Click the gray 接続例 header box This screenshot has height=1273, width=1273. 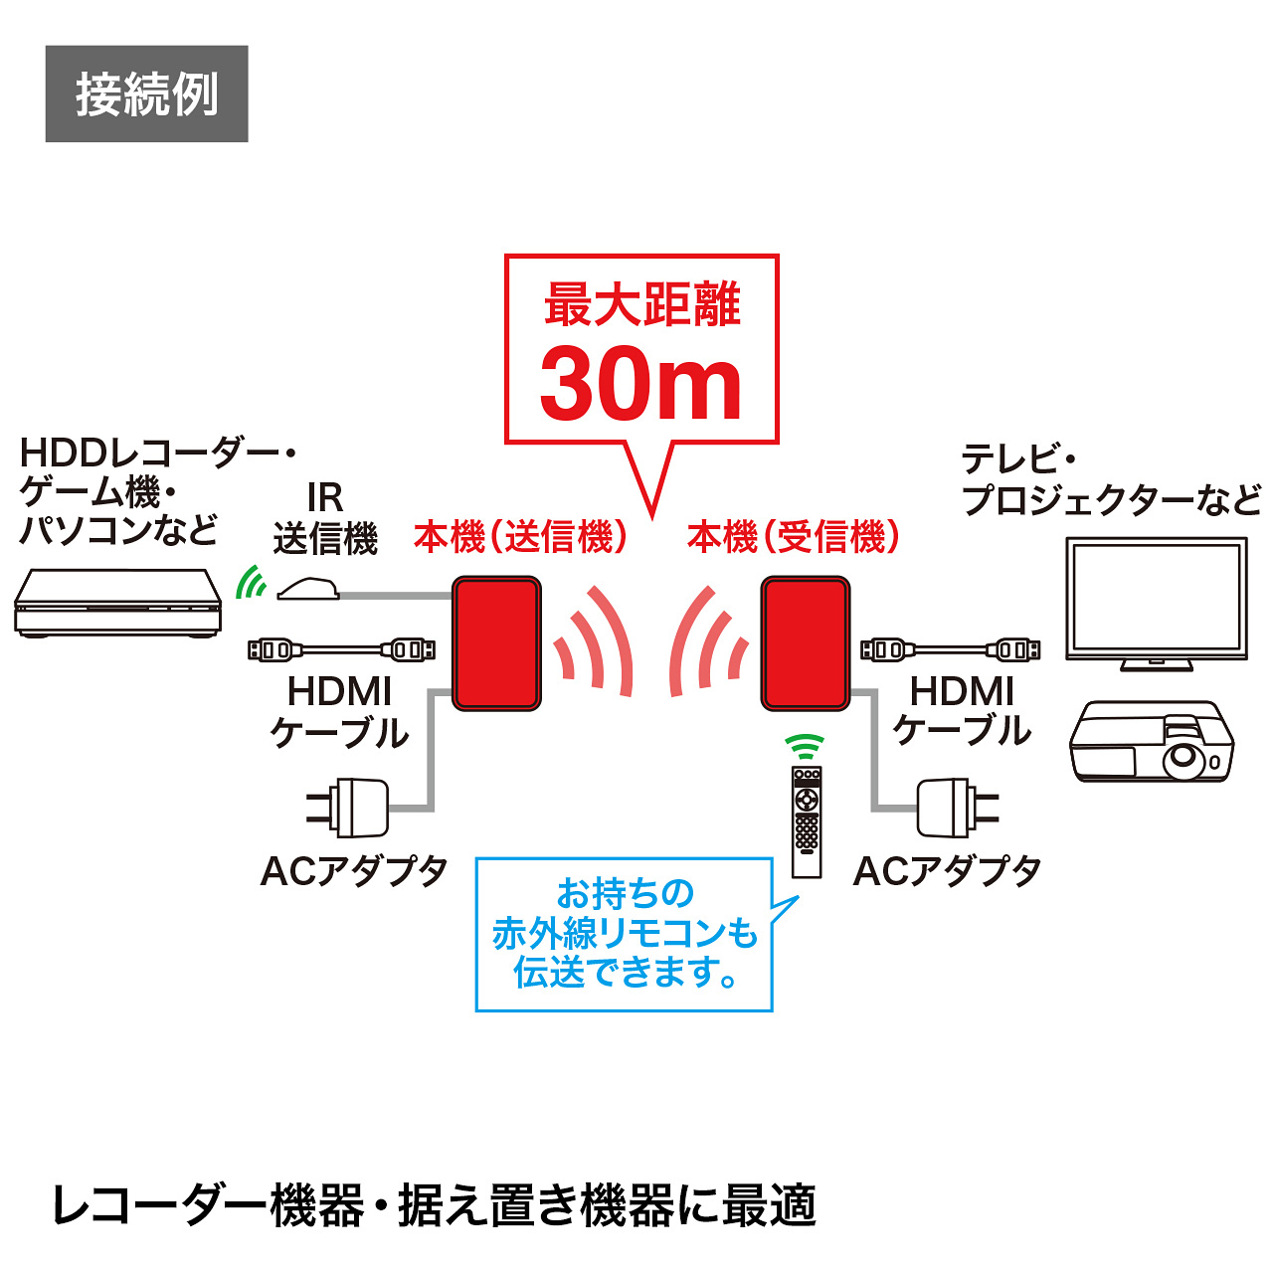[x=146, y=93]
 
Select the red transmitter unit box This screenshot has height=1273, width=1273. [x=496, y=643]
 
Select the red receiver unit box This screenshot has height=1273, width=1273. [x=806, y=643]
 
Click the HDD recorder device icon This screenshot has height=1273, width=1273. [x=117, y=603]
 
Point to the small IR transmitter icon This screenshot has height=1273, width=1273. [x=308, y=590]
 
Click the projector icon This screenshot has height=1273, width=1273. [x=1151, y=742]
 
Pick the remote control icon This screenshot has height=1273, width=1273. [x=807, y=821]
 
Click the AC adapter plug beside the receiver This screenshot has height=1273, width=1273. [x=956, y=808]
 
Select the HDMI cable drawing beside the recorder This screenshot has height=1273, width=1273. [x=341, y=650]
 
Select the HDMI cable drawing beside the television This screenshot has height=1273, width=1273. [x=950, y=650]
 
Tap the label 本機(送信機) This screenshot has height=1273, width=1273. [x=520, y=537]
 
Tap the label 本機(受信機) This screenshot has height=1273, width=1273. [x=794, y=537]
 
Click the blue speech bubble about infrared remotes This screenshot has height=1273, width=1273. [x=625, y=934]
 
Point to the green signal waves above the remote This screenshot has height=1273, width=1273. [x=805, y=747]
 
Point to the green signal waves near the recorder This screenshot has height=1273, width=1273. [x=250, y=584]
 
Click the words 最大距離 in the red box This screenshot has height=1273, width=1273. [x=641, y=304]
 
